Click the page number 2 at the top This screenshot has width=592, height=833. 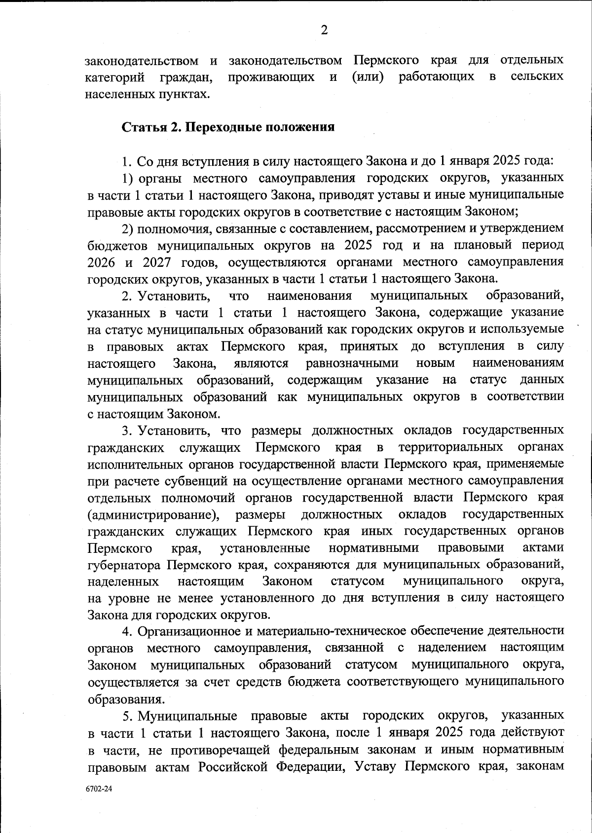pyautogui.click(x=324, y=31)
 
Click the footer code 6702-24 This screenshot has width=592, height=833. pyautogui.click(x=99, y=789)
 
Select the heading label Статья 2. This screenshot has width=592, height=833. pyautogui.click(x=146, y=127)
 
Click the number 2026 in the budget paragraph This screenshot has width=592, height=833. pyautogui.click(x=102, y=262)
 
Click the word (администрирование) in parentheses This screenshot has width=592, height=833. pyautogui.click(x=153, y=514)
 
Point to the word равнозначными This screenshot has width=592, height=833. pyautogui.click(x=352, y=363)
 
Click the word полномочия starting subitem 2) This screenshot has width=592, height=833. pyautogui.click(x=171, y=228)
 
